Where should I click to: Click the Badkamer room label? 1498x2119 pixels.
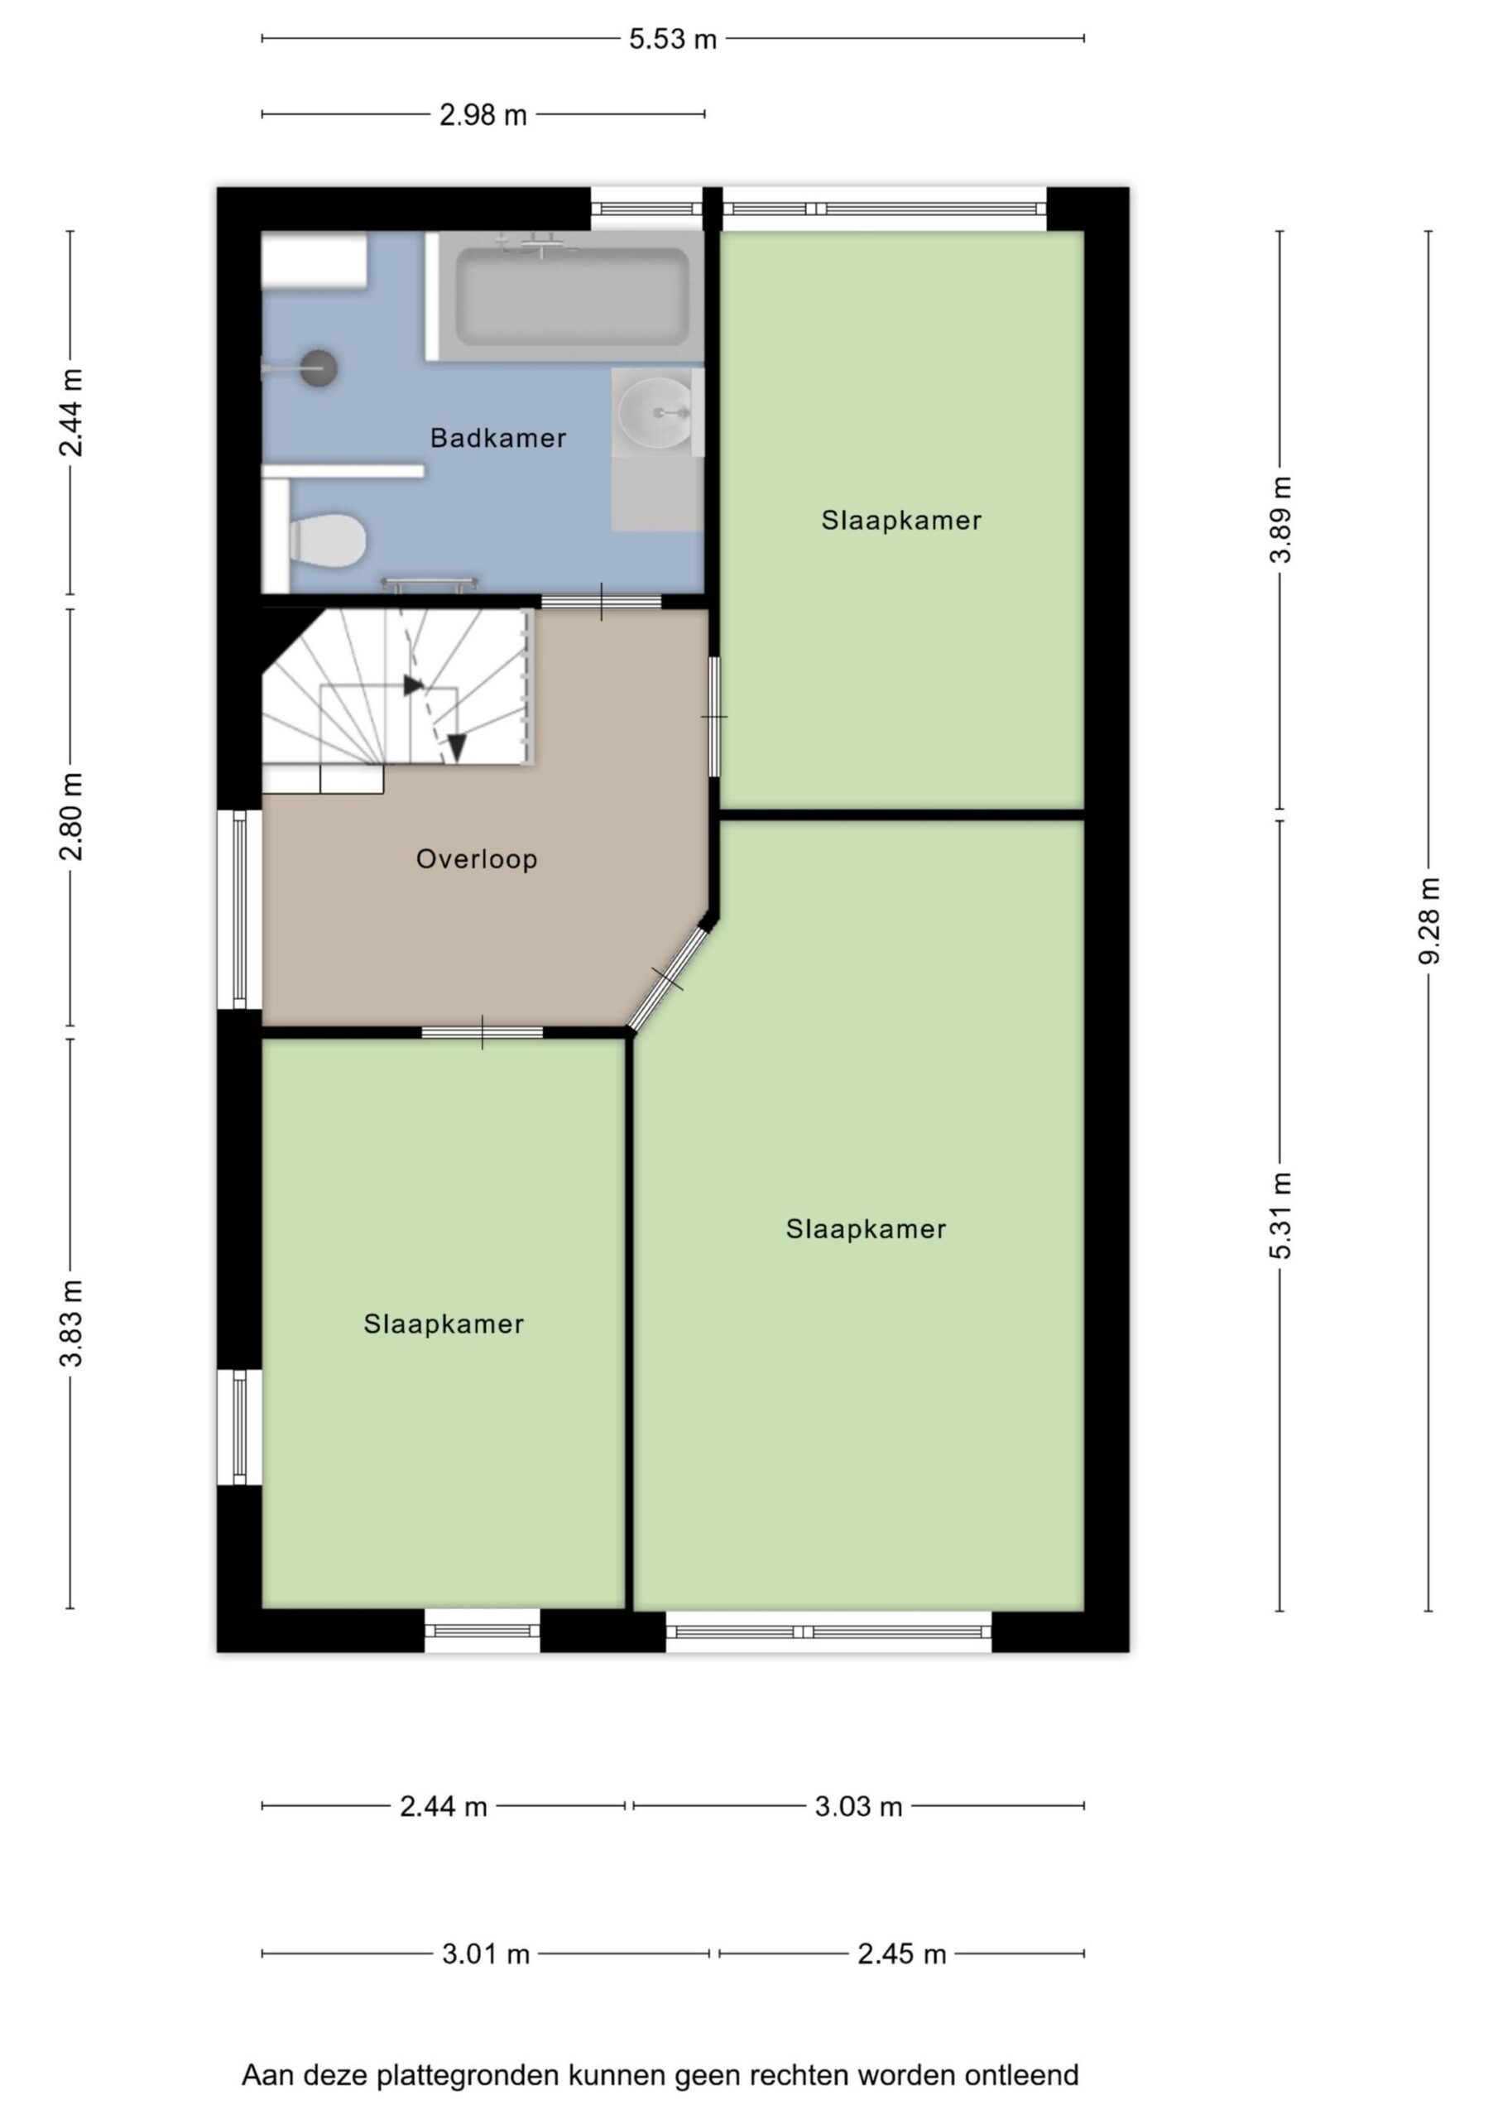click(498, 438)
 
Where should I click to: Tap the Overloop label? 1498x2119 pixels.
click(476, 859)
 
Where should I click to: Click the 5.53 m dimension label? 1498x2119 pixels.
click(673, 40)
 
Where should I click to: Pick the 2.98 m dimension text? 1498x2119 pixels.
click(483, 115)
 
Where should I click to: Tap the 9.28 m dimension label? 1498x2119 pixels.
click(1428, 920)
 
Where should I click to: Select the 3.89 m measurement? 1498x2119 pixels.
click(1280, 520)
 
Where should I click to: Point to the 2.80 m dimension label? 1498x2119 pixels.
click(71, 817)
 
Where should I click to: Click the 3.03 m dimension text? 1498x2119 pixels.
click(858, 1806)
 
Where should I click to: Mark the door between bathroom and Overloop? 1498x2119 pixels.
click(601, 602)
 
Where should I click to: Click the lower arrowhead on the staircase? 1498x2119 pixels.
click(456, 747)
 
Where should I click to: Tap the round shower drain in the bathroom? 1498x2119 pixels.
click(319, 368)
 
